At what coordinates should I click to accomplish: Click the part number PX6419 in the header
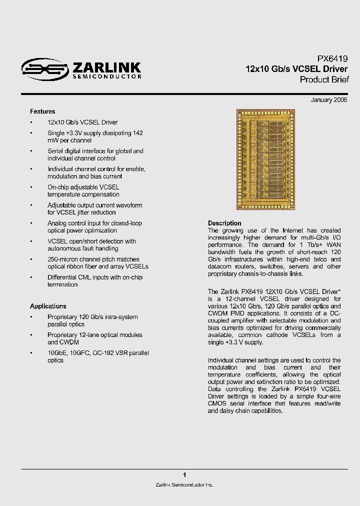332,58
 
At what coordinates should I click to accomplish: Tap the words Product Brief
324,80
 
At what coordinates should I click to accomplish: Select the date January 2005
328,100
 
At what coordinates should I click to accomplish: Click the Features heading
42,111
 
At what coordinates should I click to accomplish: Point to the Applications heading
48,306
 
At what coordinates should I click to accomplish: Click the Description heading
224,223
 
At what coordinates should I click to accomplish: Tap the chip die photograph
270,159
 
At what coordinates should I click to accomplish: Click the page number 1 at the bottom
184,475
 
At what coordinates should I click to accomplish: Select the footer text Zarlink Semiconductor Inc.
184,485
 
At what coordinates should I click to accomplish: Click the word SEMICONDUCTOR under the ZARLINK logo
106,76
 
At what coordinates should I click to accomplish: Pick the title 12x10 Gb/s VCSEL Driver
296,69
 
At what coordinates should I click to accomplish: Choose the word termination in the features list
62,284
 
